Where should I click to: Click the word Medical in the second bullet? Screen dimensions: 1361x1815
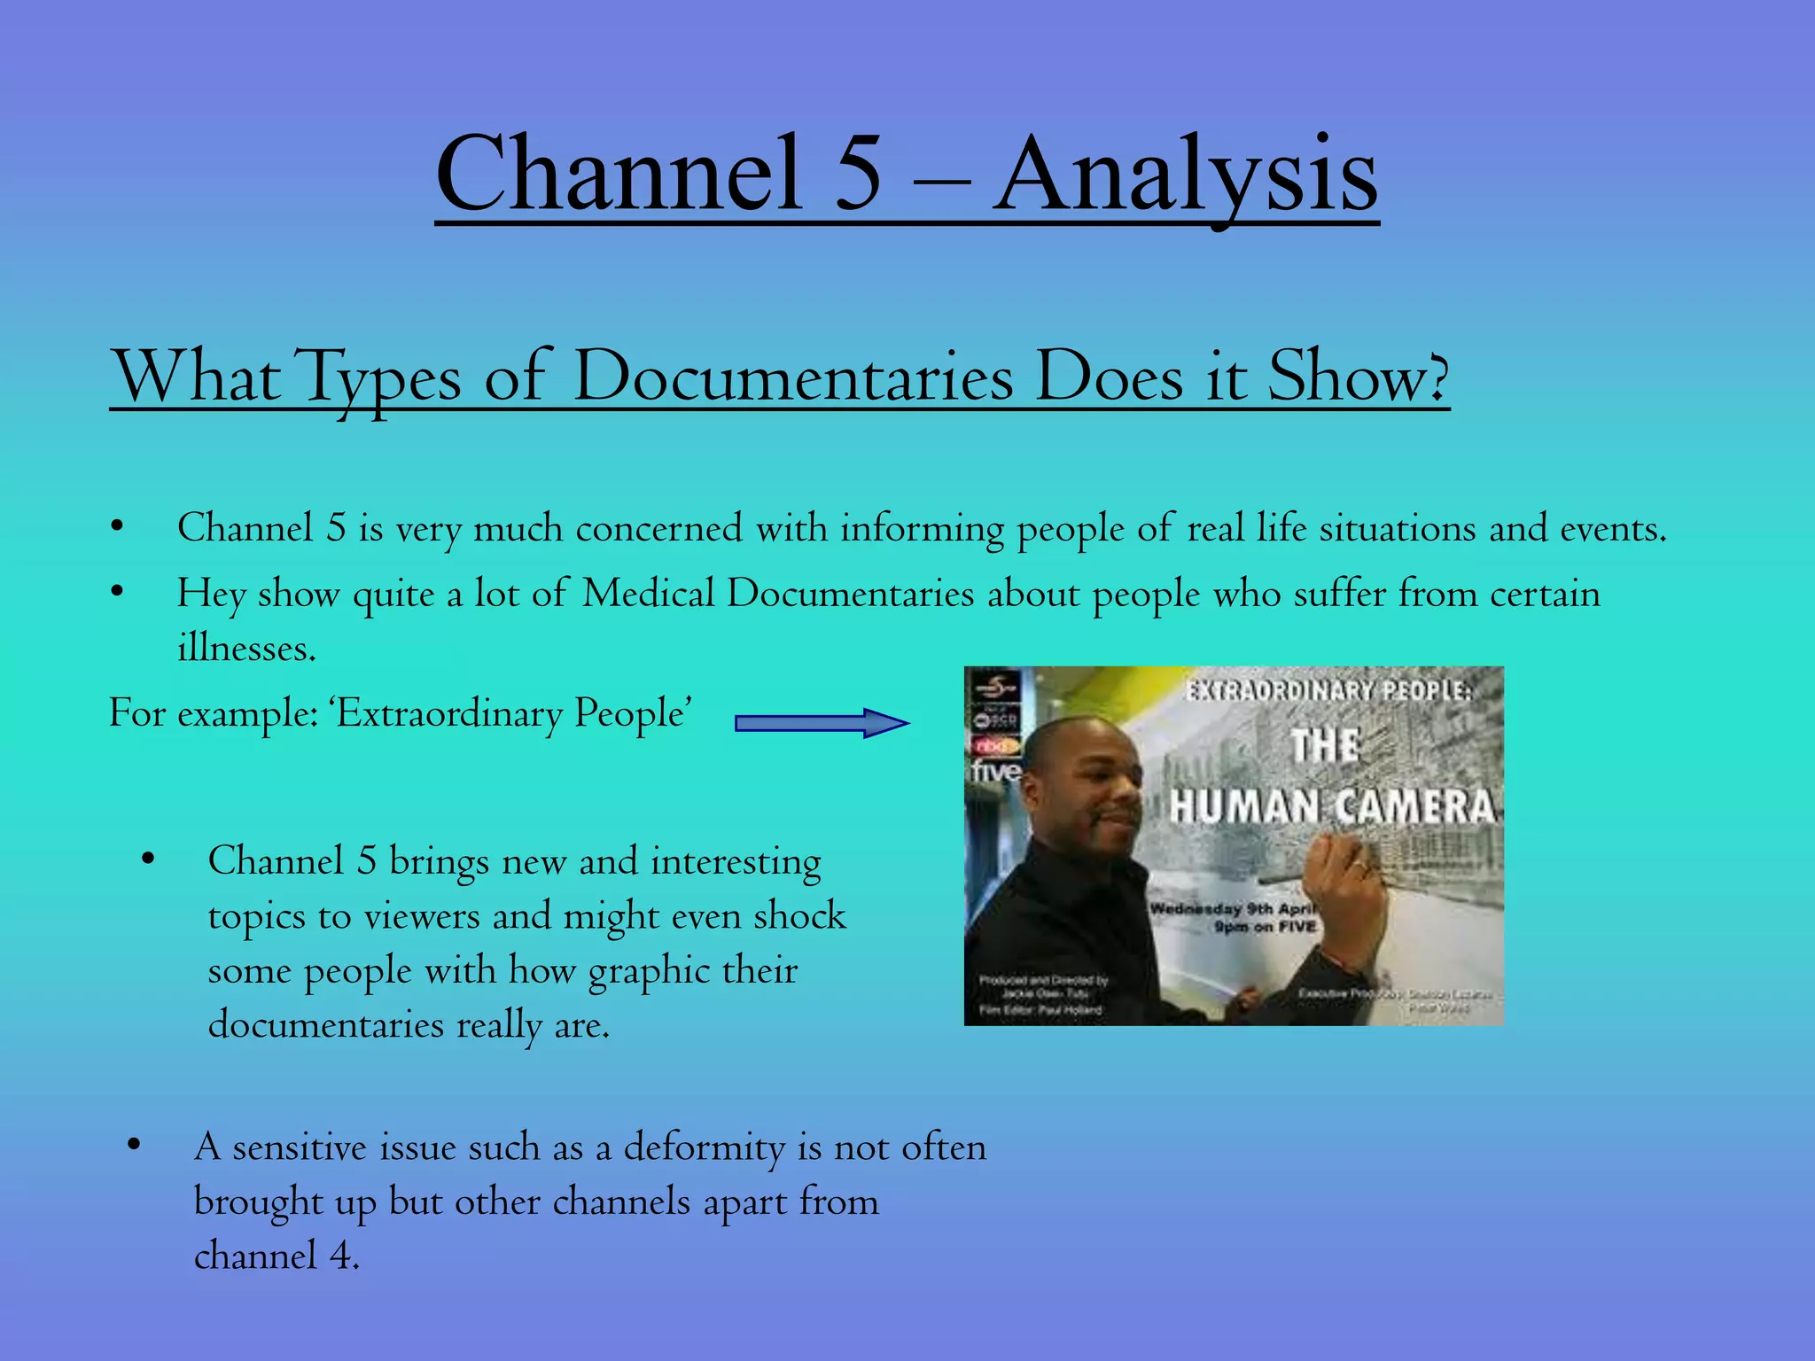point(648,593)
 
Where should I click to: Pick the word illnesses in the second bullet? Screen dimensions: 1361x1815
point(246,648)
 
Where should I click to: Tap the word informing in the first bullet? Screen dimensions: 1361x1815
point(922,529)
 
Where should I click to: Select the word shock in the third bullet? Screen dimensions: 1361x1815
point(799,915)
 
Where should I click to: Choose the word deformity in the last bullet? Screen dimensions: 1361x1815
point(704,1147)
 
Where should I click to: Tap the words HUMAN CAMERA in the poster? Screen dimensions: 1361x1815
point(1331,806)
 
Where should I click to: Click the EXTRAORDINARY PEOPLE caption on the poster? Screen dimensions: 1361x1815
point(1327,690)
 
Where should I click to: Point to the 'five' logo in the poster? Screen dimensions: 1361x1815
point(994,771)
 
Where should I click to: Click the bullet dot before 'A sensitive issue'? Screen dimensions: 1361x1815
point(134,1145)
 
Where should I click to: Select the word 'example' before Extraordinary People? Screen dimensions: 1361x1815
point(247,714)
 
